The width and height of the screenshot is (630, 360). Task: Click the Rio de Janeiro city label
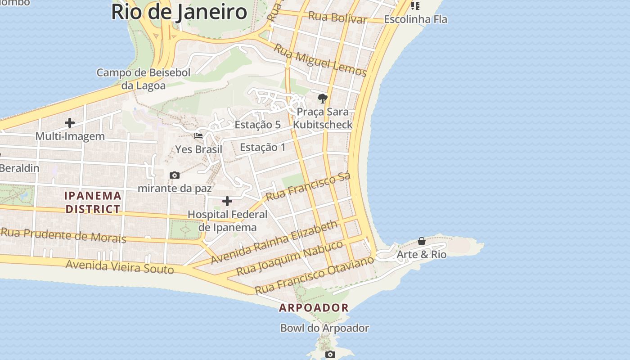(x=179, y=12)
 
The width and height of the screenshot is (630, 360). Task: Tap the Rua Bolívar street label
(x=338, y=18)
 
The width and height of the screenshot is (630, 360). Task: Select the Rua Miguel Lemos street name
(x=320, y=60)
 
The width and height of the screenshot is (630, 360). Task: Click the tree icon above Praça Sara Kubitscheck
(x=322, y=98)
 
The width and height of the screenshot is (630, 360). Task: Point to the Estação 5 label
(x=258, y=125)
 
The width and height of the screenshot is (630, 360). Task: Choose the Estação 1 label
(x=263, y=147)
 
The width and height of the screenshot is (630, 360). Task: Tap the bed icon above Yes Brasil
(x=198, y=135)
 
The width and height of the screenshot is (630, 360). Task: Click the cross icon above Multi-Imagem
(x=70, y=122)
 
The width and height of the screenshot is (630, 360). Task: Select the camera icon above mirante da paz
(x=175, y=175)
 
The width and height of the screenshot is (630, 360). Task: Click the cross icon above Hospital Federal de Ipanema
(x=227, y=201)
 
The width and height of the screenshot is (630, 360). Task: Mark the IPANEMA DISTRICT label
(x=93, y=202)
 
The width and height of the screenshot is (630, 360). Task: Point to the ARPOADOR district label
(x=314, y=308)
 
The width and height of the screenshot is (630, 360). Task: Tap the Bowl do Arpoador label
(x=324, y=328)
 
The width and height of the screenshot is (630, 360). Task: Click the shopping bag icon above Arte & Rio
(x=422, y=242)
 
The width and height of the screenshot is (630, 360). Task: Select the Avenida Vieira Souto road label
(x=120, y=267)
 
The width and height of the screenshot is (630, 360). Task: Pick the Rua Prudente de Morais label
(x=63, y=235)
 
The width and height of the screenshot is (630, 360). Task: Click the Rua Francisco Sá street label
(x=308, y=187)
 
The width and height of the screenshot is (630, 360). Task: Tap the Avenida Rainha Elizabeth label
(x=274, y=242)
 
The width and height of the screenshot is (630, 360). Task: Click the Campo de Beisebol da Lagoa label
(x=144, y=79)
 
